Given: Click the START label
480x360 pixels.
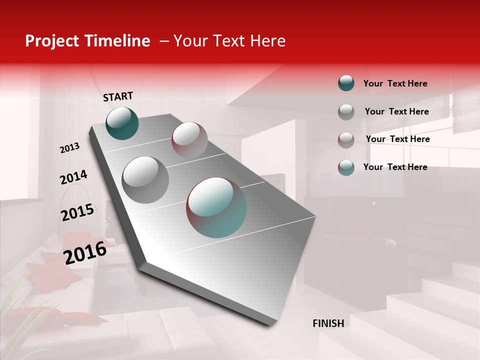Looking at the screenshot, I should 118,96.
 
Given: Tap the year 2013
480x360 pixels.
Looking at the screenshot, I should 69,148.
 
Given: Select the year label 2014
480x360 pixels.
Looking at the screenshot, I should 73,177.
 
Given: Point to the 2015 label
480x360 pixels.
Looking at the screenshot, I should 77,212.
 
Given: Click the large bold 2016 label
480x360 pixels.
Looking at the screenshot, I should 85,252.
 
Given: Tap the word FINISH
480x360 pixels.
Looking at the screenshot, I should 328,323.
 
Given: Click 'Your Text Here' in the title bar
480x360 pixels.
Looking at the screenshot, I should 229,41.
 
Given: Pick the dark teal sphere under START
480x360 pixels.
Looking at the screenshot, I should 122,123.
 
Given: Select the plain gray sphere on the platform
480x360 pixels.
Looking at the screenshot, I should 145,179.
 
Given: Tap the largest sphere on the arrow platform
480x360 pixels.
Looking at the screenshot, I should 216,207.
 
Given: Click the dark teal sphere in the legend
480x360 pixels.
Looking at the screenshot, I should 346,83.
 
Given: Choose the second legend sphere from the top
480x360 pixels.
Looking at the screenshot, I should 346,111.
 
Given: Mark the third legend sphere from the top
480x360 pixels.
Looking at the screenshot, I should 346,139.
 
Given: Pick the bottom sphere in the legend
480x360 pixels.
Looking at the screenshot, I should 346,167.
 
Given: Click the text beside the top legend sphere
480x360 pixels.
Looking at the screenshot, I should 395,83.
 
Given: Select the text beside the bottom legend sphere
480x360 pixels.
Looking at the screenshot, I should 395,167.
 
